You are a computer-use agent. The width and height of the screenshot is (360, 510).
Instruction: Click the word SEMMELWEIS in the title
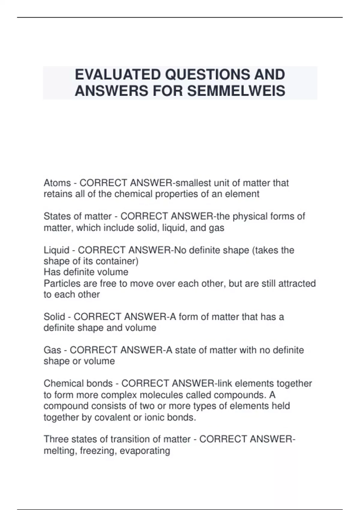[x=236, y=91]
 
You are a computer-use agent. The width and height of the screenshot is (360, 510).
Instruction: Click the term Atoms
[x=57, y=183]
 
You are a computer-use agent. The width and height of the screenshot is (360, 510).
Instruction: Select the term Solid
[x=54, y=316]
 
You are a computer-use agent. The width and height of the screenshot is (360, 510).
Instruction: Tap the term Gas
[x=52, y=350]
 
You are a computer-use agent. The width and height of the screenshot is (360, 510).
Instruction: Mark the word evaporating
[x=145, y=451]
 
